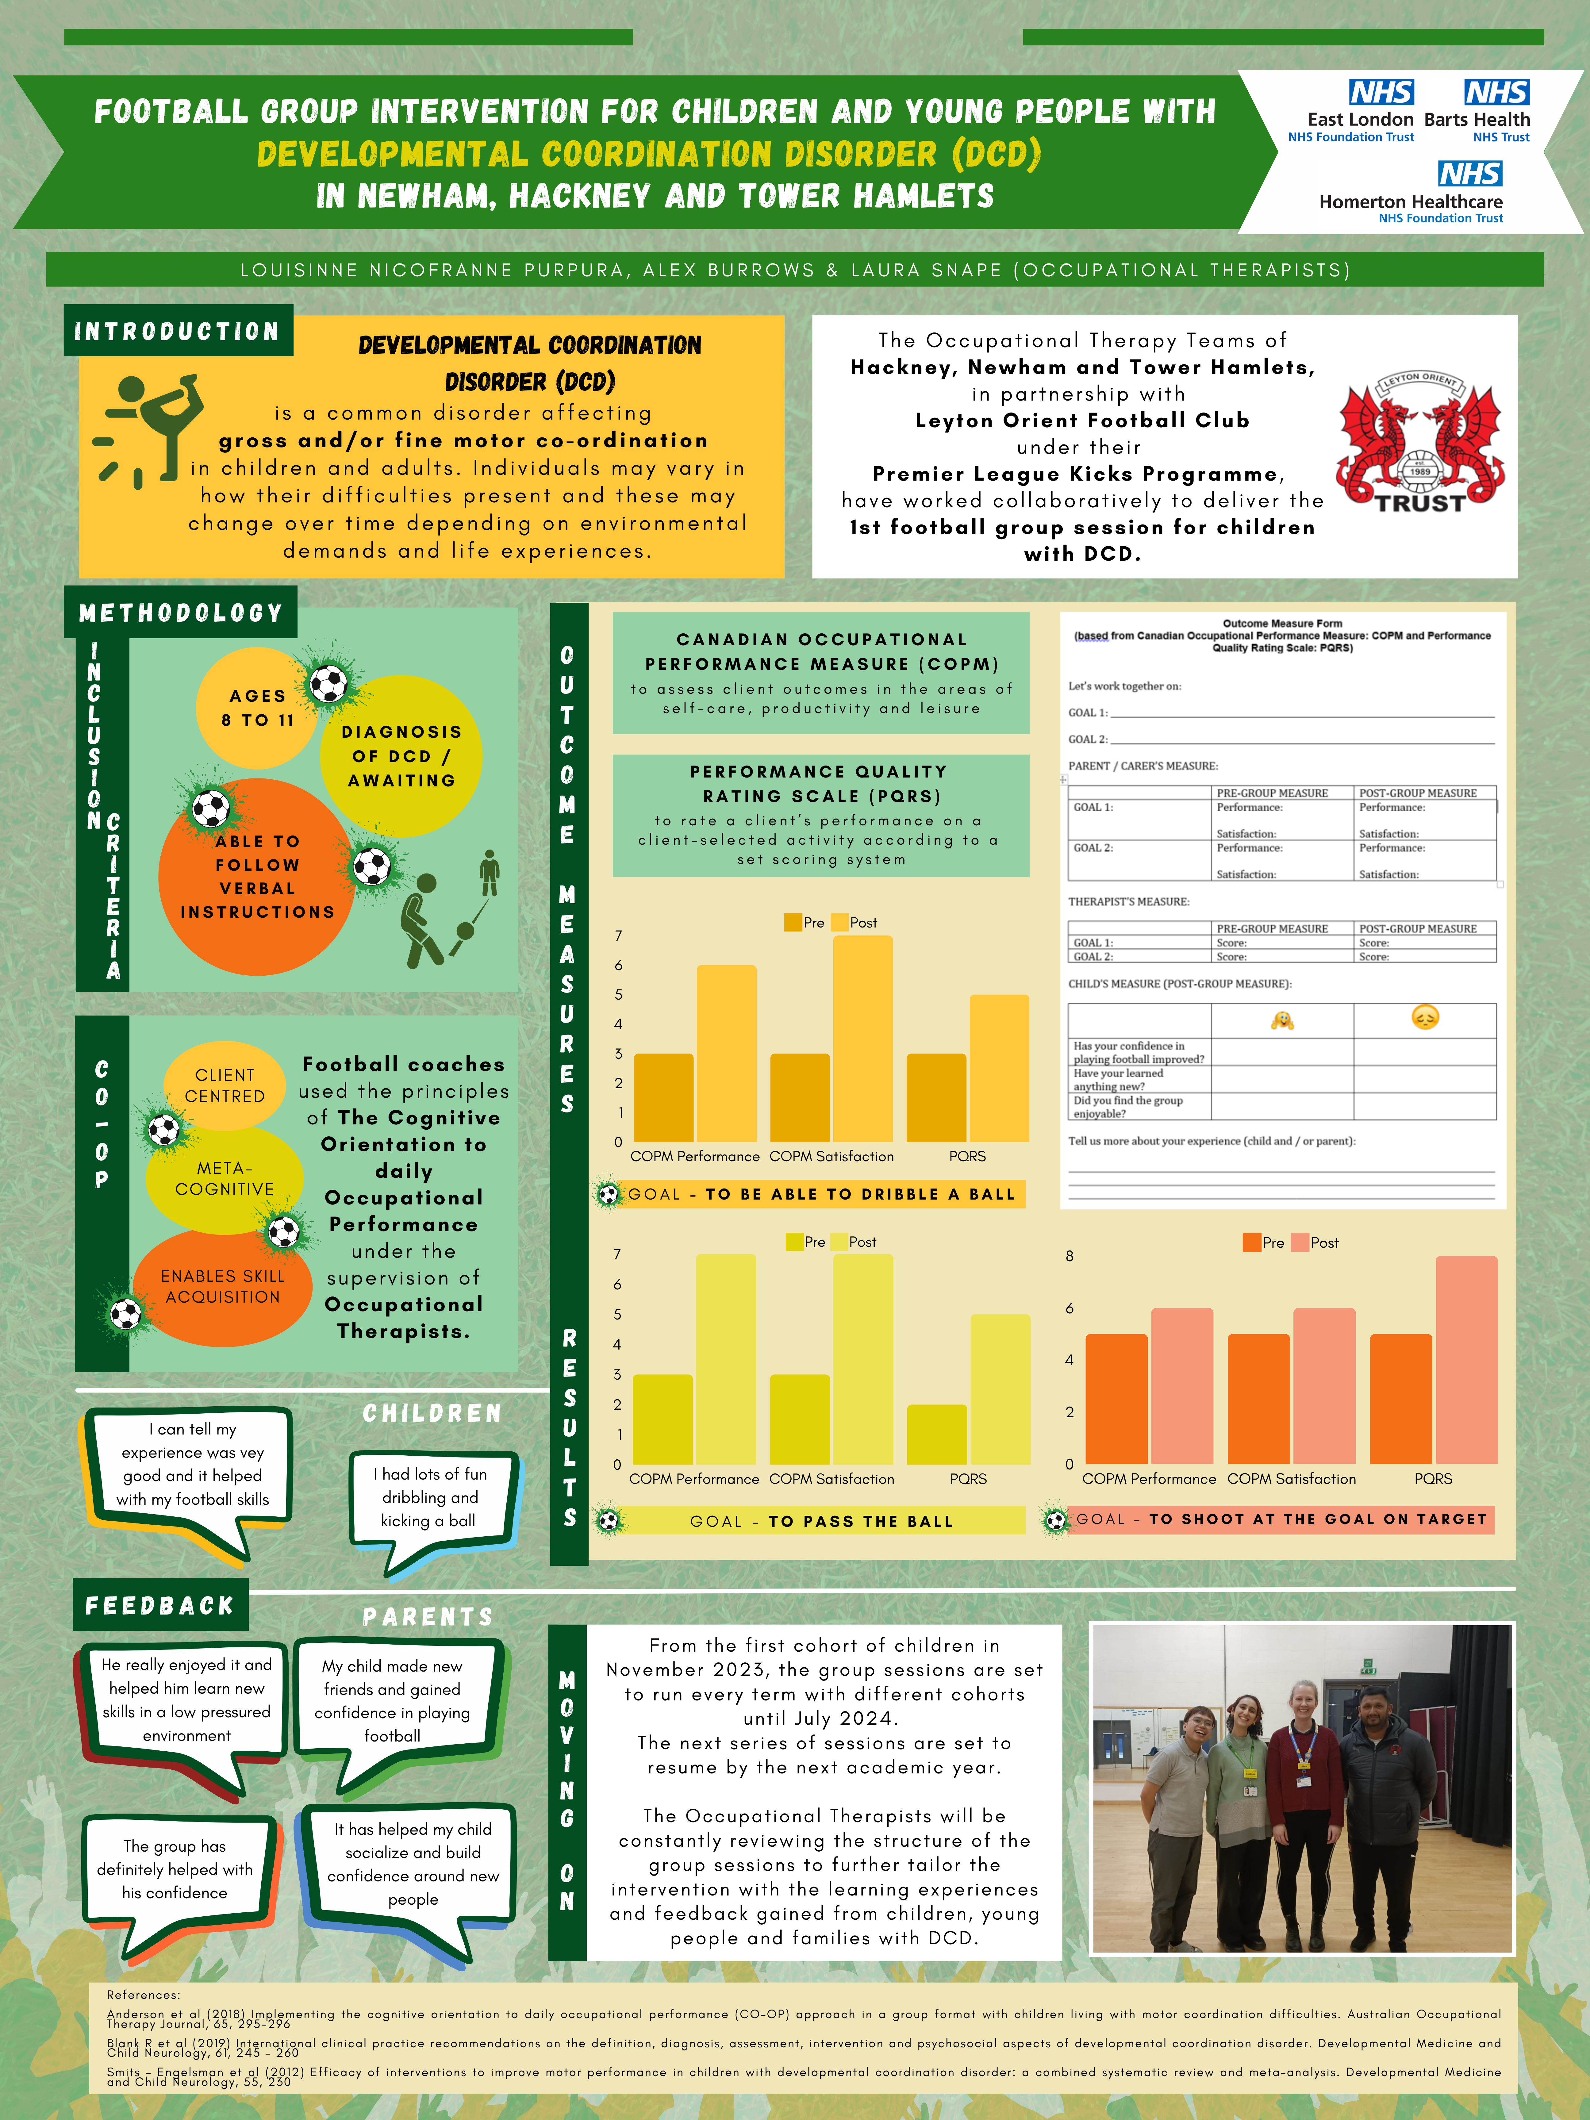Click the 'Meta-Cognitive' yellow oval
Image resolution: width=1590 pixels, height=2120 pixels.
(x=224, y=1179)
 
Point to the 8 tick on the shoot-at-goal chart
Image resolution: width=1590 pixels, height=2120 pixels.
(x=1070, y=1255)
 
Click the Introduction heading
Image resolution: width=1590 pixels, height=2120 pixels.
(x=177, y=331)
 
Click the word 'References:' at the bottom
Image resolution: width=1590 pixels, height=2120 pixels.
(x=144, y=1995)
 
